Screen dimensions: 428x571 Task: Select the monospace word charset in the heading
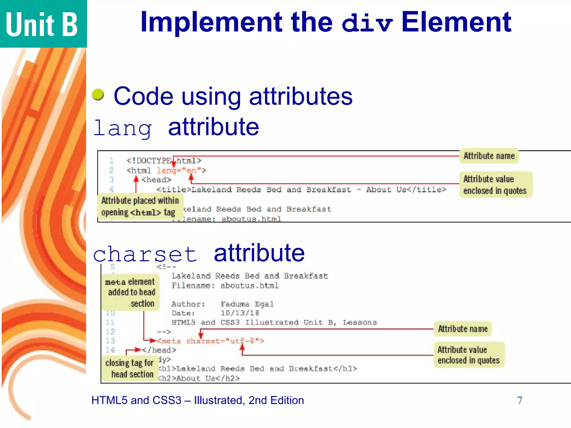(x=145, y=254)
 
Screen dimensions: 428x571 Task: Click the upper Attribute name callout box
(x=489, y=156)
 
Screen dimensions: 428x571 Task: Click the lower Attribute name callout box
(x=463, y=329)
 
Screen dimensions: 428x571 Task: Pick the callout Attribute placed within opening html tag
(x=140, y=206)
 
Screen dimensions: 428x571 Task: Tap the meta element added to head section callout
(x=130, y=292)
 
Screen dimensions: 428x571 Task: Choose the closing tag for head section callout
(x=130, y=368)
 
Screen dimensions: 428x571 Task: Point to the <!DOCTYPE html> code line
(x=164, y=161)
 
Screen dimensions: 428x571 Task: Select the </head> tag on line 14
(x=159, y=350)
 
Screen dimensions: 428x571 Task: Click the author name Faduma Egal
(x=247, y=304)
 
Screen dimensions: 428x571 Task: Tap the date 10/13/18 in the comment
(x=240, y=313)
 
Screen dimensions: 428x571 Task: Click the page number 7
(x=519, y=400)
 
